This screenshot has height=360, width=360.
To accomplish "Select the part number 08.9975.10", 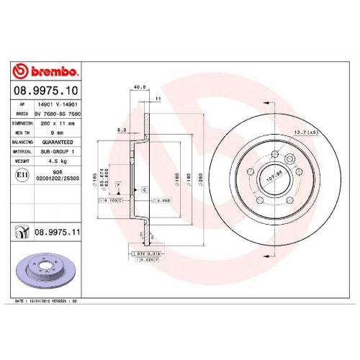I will (46, 91).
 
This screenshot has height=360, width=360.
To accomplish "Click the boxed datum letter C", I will (144, 189).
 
